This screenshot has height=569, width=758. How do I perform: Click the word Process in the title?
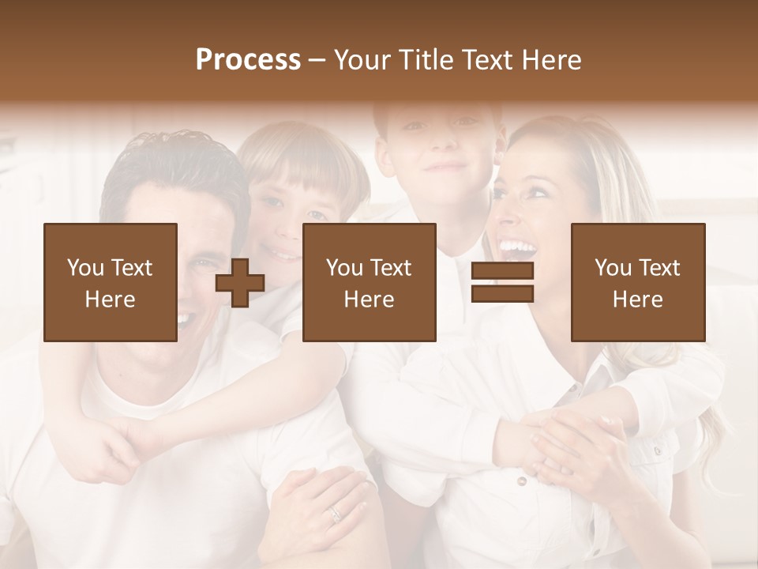(x=248, y=60)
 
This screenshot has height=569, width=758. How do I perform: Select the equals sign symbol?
(x=502, y=282)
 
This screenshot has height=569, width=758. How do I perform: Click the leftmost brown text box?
(x=111, y=282)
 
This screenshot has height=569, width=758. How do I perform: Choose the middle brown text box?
(x=369, y=282)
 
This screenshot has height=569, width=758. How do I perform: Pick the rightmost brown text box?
(x=637, y=282)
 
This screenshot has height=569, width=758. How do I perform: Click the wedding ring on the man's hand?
(x=336, y=514)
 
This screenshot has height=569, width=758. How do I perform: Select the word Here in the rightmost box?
(x=637, y=300)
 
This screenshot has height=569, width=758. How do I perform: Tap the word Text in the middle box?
(x=392, y=268)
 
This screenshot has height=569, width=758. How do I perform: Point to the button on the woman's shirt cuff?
(x=520, y=480)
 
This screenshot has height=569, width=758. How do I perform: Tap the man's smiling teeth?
(x=185, y=320)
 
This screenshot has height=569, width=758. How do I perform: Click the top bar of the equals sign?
(x=502, y=271)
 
